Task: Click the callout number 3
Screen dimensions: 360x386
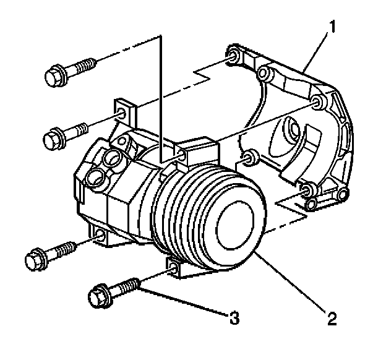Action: [233, 319]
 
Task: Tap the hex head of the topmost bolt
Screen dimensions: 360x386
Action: [55, 76]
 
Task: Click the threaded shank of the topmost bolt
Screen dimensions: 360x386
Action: [84, 66]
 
